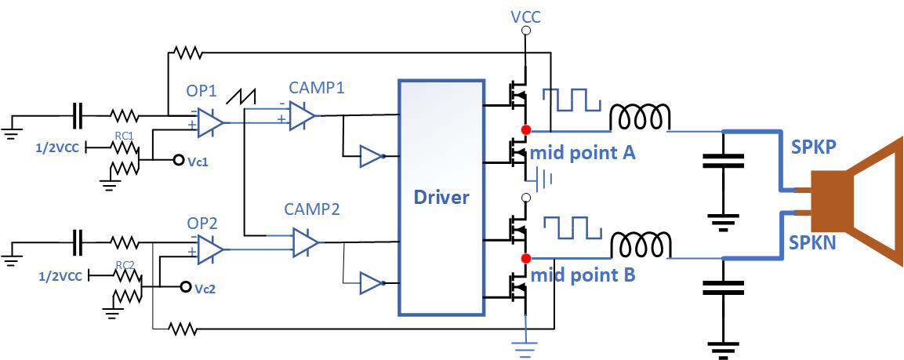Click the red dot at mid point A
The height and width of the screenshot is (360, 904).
[x=525, y=129]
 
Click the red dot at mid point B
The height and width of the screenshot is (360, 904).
[x=525, y=257]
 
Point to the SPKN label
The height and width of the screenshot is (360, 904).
[x=813, y=243]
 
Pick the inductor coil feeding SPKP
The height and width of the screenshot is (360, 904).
[x=641, y=118]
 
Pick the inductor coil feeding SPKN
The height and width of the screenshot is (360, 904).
[x=641, y=245]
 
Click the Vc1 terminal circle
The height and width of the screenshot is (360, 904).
[x=178, y=160]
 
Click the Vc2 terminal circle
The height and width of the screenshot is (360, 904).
[x=185, y=286]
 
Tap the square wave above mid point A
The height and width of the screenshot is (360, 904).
[x=573, y=100]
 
